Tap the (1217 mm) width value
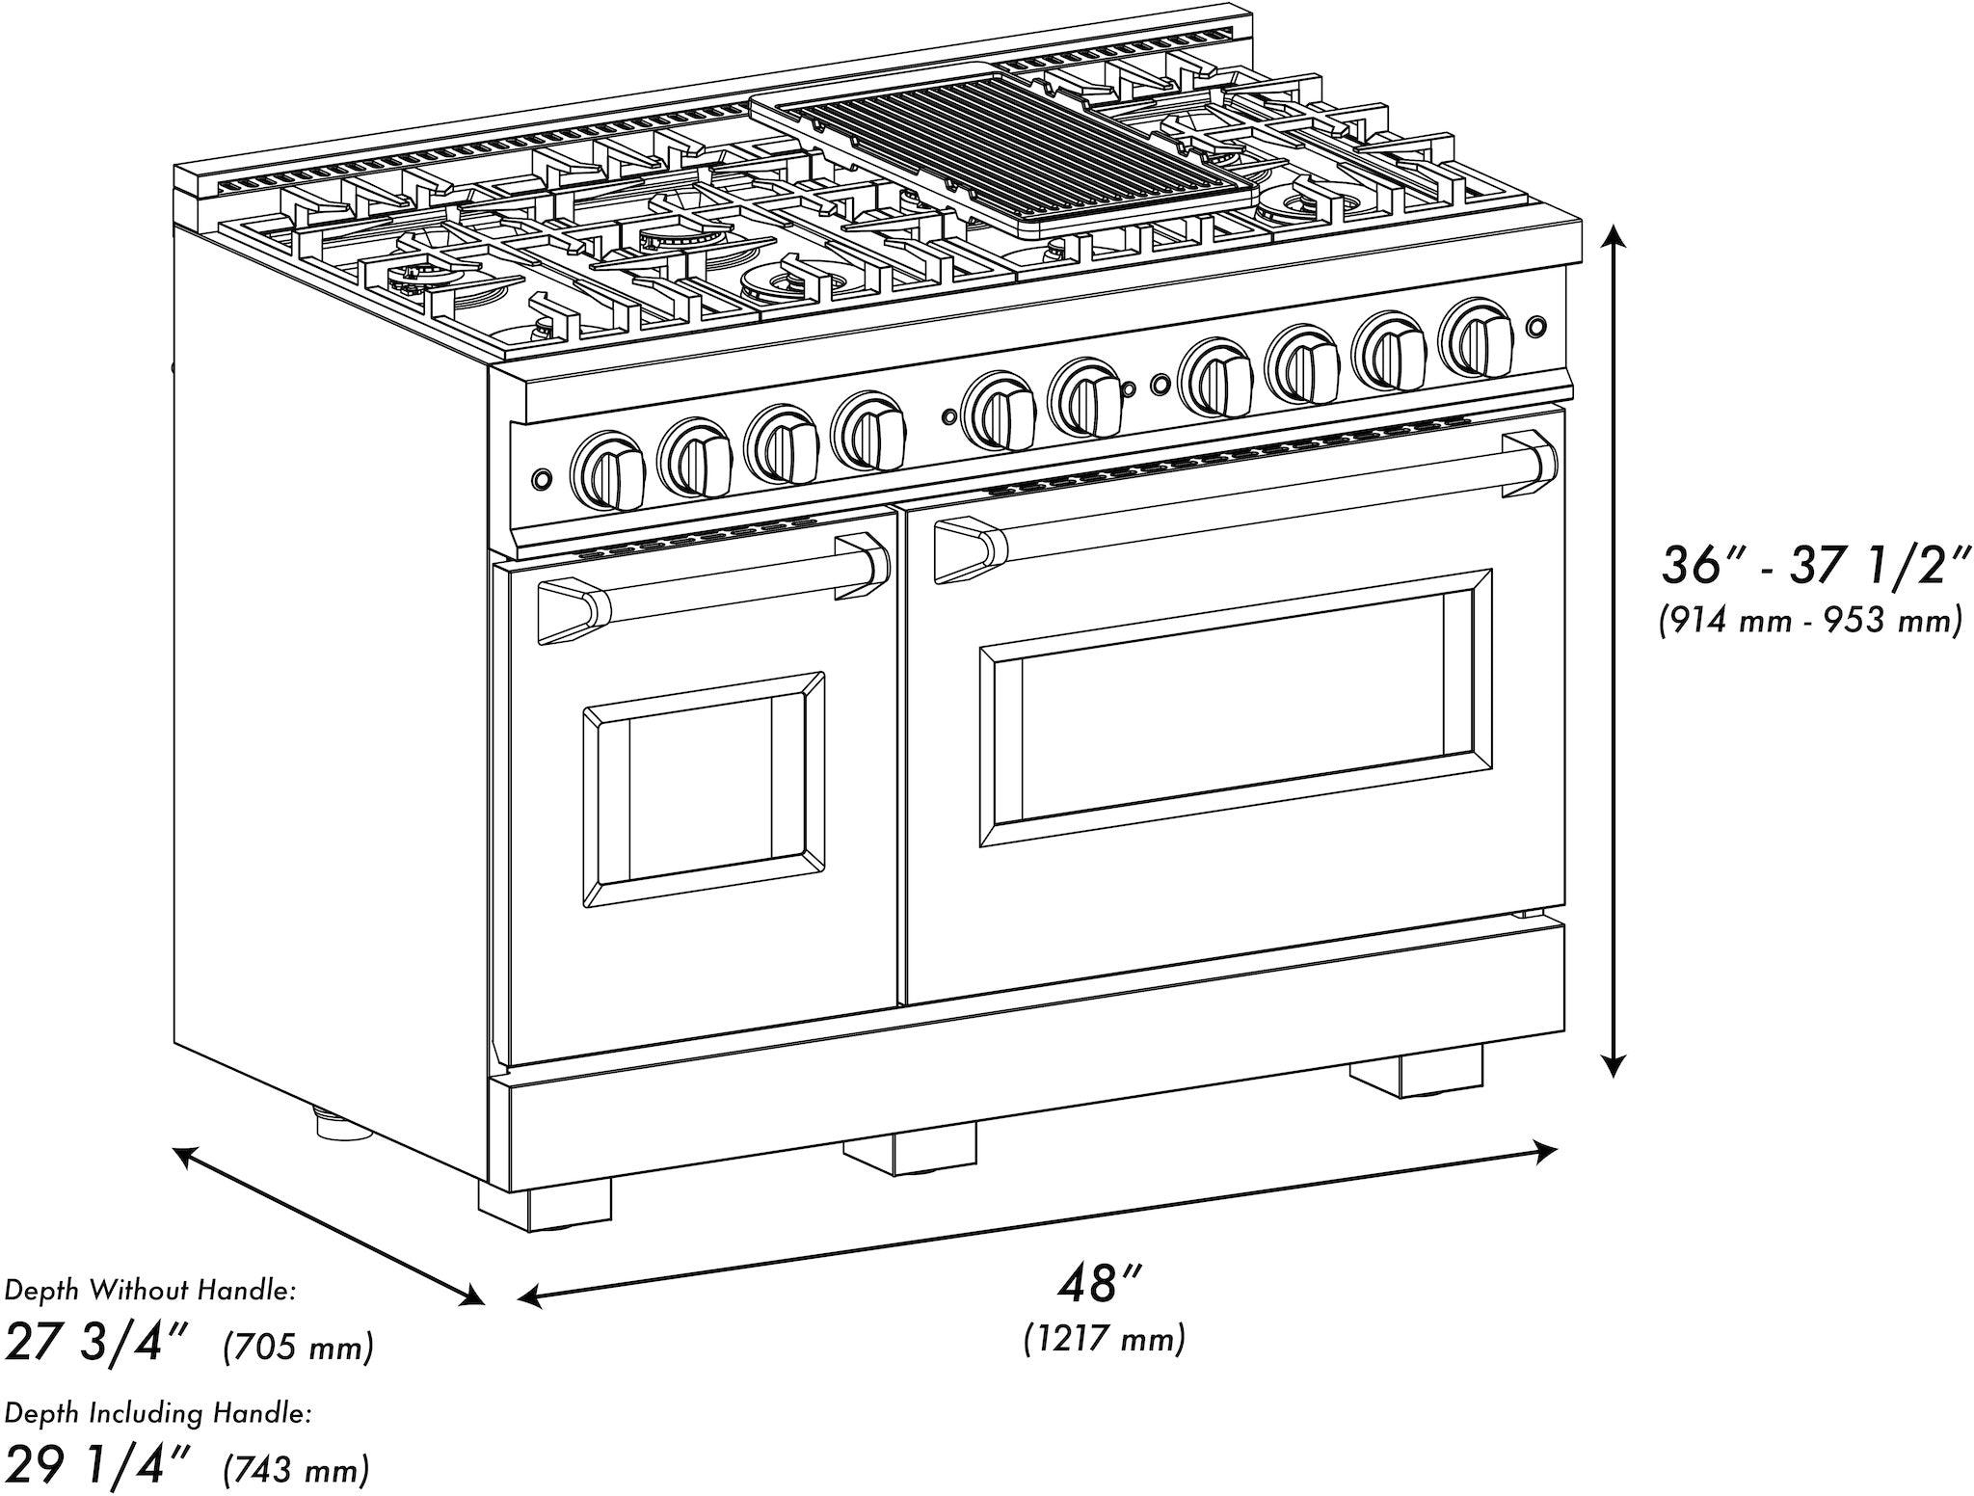point(1105,1338)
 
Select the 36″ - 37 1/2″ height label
point(1812,565)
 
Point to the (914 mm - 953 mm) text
point(1810,619)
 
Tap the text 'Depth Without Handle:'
point(149,1291)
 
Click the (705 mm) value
point(297,1347)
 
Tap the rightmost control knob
point(1475,338)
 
